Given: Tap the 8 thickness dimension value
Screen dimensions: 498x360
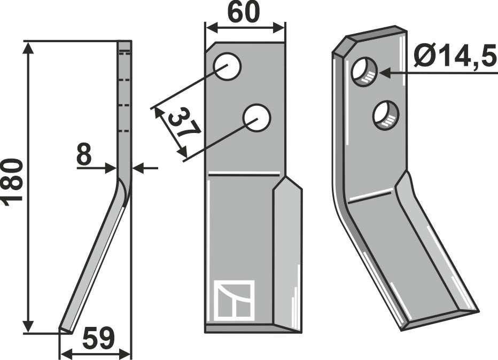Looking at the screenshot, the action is pyautogui.click(x=84, y=154).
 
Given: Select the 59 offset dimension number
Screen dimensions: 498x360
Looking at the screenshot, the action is pyautogui.click(x=98, y=339).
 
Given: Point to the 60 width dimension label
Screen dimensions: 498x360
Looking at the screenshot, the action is pyautogui.click(x=244, y=13).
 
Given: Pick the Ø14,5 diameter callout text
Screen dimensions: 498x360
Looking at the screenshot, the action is pyautogui.click(x=455, y=56).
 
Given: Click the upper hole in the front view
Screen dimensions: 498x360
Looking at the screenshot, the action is pyautogui.click(x=228, y=66).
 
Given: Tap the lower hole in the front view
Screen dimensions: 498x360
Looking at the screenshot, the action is pyautogui.click(x=256, y=118).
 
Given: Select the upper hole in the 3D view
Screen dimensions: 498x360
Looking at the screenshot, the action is pyautogui.click(x=364, y=72).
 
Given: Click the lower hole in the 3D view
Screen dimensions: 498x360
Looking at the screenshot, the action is pyautogui.click(x=386, y=115).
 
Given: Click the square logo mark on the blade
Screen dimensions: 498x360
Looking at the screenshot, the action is pyautogui.click(x=235, y=300).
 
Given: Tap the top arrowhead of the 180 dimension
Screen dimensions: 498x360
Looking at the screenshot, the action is pyautogui.click(x=28, y=48).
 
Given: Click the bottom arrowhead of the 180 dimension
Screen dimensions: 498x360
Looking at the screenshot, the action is pyautogui.click(x=28, y=327).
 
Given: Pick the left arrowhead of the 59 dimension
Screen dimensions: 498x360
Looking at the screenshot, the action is pyautogui.click(x=66, y=353).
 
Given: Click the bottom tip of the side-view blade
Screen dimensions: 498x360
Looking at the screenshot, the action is pyautogui.click(x=60, y=328).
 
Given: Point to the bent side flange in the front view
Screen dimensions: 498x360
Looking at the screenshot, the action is pyautogui.click(x=287, y=254).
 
